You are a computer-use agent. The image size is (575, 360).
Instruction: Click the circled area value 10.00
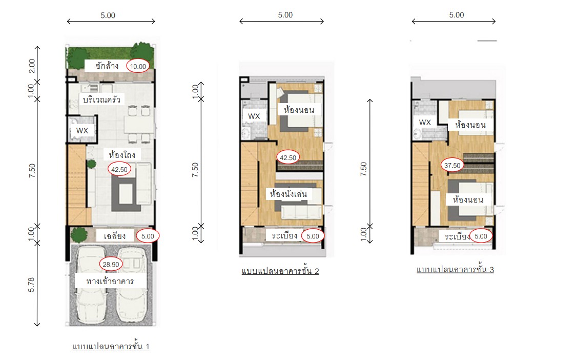pyautogui.click(x=138, y=66)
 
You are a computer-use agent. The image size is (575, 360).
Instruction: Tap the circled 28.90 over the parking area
pyautogui.click(x=111, y=264)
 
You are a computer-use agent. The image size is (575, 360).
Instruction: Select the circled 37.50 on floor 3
pyautogui.click(x=452, y=165)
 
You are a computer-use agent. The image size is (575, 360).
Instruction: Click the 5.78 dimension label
pyautogui.click(x=32, y=285)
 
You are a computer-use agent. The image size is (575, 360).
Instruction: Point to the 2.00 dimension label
pyautogui.click(x=32, y=66)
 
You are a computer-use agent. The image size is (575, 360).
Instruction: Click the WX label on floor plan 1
pyautogui.click(x=82, y=131)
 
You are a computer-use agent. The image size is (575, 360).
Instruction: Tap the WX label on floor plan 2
pyautogui.click(x=254, y=116)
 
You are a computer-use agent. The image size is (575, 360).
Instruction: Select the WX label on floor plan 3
pyautogui.click(x=425, y=122)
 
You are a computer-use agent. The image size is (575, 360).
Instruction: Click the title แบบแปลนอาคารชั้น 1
pyautogui.click(x=111, y=346)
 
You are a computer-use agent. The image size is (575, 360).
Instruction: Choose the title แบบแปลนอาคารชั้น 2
pyautogui.click(x=280, y=271)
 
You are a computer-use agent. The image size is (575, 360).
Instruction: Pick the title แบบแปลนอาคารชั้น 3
pyautogui.click(x=455, y=269)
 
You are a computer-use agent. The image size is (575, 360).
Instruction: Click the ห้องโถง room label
pyautogui.click(x=122, y=154)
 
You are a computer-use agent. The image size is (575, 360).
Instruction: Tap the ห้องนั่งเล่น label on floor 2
pyautogui.click(x=288, y=193)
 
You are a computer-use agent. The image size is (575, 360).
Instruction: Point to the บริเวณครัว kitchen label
pyautogui.click(x=101, y=99)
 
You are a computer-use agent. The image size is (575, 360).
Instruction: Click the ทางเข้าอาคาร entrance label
pyautogui.click(x=110, y=281)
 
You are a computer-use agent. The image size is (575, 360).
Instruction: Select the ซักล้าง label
pyautogui.click(x=107, y=66)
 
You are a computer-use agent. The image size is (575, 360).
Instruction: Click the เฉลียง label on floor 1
pyautogui.click(x=115, y=235)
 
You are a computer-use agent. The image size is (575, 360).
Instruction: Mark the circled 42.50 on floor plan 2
pyautogui.click(x=288, y=157)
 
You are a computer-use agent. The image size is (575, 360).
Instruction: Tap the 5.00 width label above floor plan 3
pyautogui.click(x=457, y=15)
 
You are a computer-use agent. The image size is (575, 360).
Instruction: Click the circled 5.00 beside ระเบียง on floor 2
pyautogui.click(x=313, y=236)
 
